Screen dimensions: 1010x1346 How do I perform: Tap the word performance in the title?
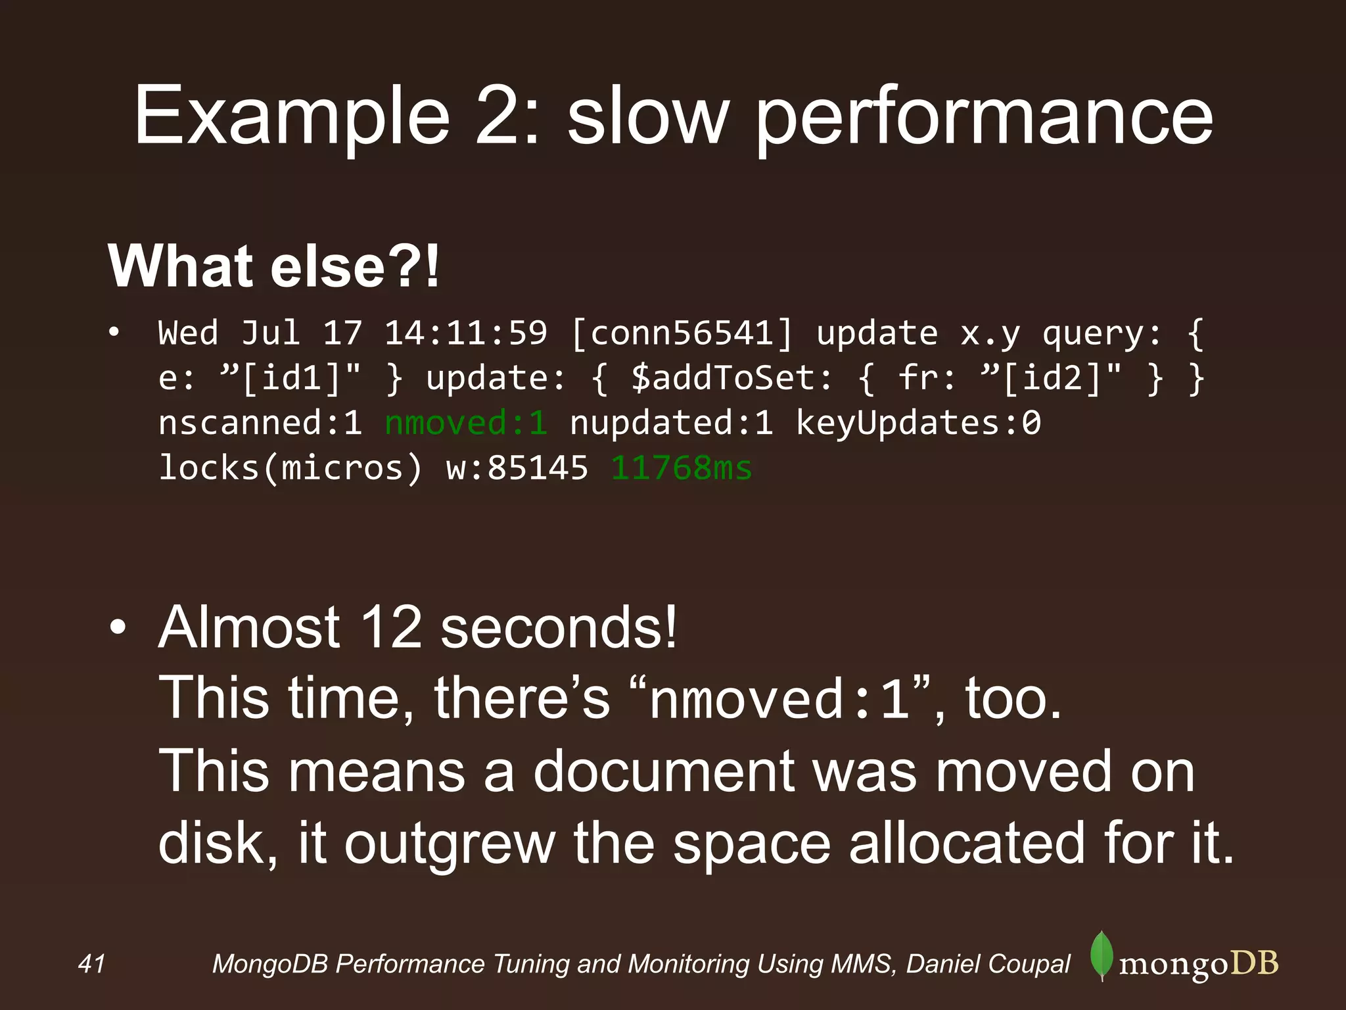click(983, 118)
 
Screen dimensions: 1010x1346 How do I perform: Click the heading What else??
click(273, 266)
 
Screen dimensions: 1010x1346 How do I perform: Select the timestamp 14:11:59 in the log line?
click(465, 333)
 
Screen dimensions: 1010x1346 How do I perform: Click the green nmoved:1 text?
click(466, 423)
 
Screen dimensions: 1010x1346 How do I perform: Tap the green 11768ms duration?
click(682, 468)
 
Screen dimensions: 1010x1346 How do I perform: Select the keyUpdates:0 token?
click(918, 423)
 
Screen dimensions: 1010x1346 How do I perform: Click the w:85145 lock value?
click(517, 468)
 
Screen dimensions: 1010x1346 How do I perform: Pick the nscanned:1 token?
click(260, 423)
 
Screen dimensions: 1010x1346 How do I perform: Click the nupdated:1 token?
click(671, 423)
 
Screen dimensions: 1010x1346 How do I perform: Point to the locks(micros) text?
click(290, 468)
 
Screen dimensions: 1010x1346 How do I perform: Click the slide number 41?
click(91, 964)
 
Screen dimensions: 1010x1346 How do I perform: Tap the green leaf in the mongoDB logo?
click(1102, 955)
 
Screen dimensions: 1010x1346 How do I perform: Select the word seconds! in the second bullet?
click(559, 627)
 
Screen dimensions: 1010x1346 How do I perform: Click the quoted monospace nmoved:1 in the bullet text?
click(779, 700)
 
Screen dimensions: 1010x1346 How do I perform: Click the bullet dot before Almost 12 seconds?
click(118, 628)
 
